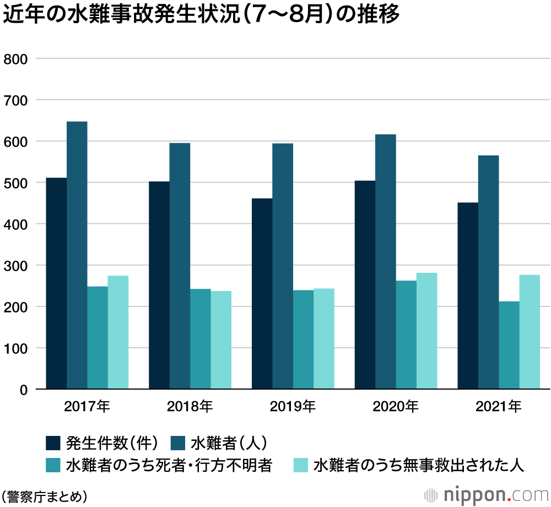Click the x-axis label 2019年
point(293,407)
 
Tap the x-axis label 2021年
point(499,407)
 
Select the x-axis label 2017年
point(87,407)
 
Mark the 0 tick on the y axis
point(24,390)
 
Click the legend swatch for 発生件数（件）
point(53,443)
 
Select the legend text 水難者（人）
point(229,443)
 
